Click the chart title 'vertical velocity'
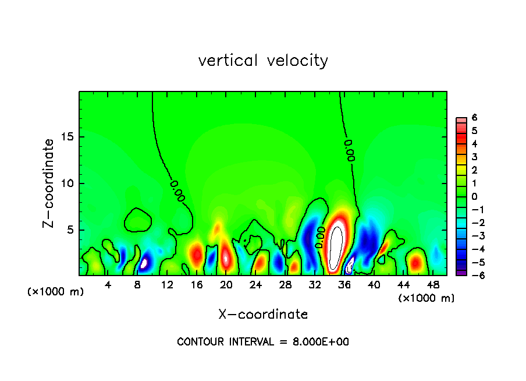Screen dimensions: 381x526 pos(263,61)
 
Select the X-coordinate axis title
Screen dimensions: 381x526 pos(263,315)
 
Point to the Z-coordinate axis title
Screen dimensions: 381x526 pos(49,184)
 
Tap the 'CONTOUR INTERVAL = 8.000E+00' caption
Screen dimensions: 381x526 pos(263,342)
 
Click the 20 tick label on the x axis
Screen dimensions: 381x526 pos(226,285)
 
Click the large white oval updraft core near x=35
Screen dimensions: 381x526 pos(336,247)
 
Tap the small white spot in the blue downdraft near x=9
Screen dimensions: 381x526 pos(144,263)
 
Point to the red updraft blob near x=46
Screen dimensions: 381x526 pos(416,263)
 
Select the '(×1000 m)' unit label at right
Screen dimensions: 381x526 pos(427,298)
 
